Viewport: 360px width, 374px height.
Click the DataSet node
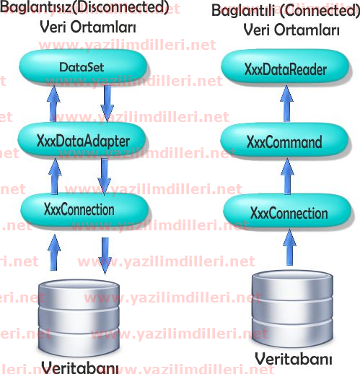tap(83, 66)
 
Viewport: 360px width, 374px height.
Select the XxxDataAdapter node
tap(82, 141)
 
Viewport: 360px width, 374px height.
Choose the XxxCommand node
tap(284, 141)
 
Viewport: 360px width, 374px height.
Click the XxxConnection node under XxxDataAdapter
tap(84, 209)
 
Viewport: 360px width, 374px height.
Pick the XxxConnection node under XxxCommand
tap(288, 212)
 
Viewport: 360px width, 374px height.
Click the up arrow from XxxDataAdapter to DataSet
tap(53, 103)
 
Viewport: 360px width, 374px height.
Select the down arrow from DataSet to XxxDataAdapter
tap(107, 103)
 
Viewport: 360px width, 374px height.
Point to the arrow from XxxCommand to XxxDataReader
tap(286, 103)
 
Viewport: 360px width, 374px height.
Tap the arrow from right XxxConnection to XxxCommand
tap(287, 177)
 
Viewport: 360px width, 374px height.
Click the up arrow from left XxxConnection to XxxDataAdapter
tap(55, 176)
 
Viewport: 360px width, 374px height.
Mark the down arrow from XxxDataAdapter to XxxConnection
tap(105, 176)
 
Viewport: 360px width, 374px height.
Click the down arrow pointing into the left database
tap(105, 256)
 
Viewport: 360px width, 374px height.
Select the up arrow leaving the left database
tap(54, 253)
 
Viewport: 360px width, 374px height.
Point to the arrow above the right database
tap(289, 248)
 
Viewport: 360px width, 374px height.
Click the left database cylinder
tap(79, 318)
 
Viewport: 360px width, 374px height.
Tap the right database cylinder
tap(293, 308)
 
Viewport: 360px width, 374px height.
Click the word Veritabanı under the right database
tap(294, 359)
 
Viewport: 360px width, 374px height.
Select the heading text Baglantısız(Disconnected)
tap(84, 7)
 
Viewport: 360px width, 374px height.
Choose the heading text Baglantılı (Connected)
tap(286, 11)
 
